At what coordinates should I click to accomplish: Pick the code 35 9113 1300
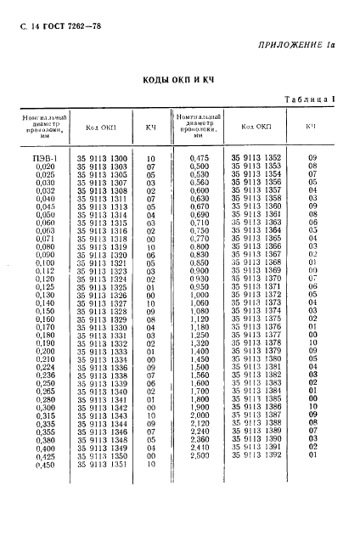(x=102, y=158)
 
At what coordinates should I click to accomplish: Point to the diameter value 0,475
(x=198, y=158)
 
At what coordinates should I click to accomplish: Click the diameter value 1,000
(x=198, y=295)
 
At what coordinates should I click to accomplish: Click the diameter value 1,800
(x=198, y=399)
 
